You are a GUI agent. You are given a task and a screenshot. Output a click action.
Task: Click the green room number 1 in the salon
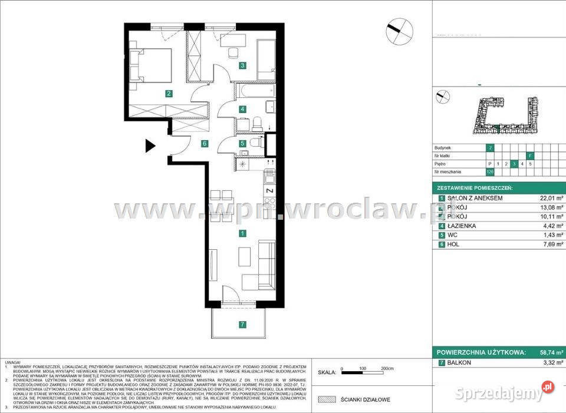pos(242,234)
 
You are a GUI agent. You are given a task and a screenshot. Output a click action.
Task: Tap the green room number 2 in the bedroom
pos(169,93)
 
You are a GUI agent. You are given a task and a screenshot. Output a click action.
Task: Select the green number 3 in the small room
pos(242,65)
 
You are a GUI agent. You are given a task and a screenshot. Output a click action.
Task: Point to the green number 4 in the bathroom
pos(242,109)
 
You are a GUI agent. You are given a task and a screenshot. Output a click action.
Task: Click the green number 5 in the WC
pos(242,143)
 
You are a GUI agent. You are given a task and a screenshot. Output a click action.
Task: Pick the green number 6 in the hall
pos(204,143)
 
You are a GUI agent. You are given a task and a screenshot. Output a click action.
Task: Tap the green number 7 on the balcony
pos(242,324)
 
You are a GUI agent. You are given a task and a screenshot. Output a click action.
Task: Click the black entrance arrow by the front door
pos(151,146)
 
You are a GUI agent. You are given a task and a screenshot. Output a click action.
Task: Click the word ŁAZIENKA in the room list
pos(463,226)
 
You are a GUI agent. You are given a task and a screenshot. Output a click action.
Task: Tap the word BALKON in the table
pos(459,362)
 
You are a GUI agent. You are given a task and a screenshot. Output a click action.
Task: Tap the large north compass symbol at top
pos(399,30)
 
